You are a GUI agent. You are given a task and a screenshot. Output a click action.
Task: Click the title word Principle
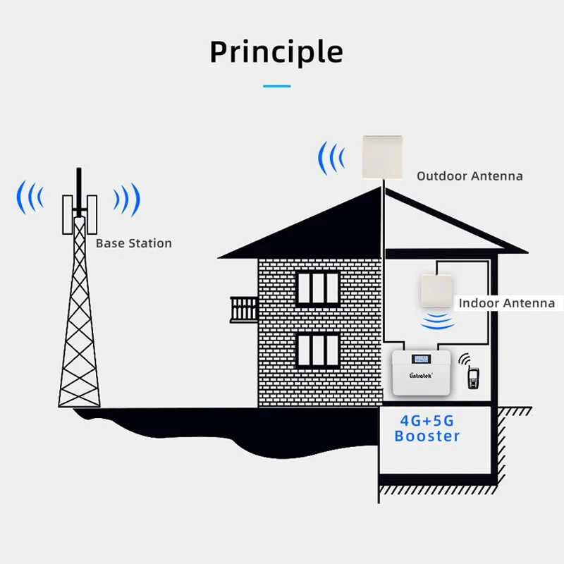tap(276, 52)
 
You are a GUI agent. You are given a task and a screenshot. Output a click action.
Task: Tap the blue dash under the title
tap(276, 86)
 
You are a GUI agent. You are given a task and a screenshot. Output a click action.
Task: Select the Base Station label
tap(134, 243)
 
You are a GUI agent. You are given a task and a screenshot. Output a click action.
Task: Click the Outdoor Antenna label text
tap(470, 176)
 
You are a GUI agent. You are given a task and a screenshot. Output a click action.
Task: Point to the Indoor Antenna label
tap(507, 303)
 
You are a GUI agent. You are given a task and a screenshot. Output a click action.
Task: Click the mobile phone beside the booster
tap(473, 376)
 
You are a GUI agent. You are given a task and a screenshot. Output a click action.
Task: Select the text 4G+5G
tap(427, 421)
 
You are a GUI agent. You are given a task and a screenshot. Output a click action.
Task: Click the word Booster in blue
tap(427, 436)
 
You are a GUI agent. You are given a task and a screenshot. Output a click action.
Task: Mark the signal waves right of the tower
tap(128, 200)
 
